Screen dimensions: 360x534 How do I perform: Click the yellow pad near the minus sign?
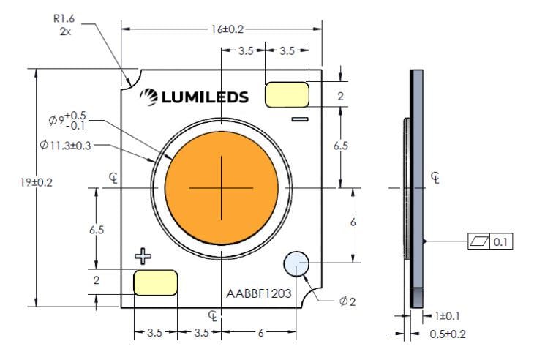pyautogui.click(x=286, y=94)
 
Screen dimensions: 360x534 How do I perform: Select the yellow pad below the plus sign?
pyautogui.click(x=155, y=282)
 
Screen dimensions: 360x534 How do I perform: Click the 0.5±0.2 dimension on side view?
pyautogui.click(x=448, y=334)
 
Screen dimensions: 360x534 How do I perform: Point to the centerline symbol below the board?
pyautogui.click(x=213, y=315)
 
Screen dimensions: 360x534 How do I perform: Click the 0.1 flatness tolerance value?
pyautogui.click(x=502, y=241)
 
